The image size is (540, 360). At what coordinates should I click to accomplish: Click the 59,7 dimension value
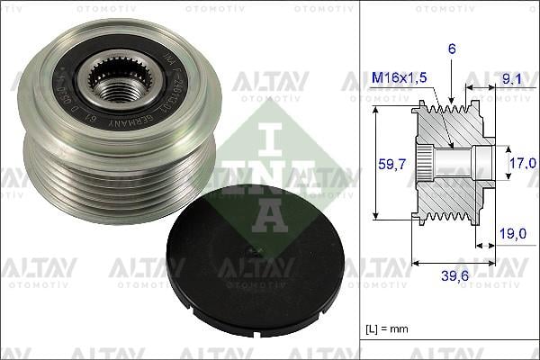[387, 163]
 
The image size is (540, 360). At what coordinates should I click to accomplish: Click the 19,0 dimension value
[511, 232]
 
